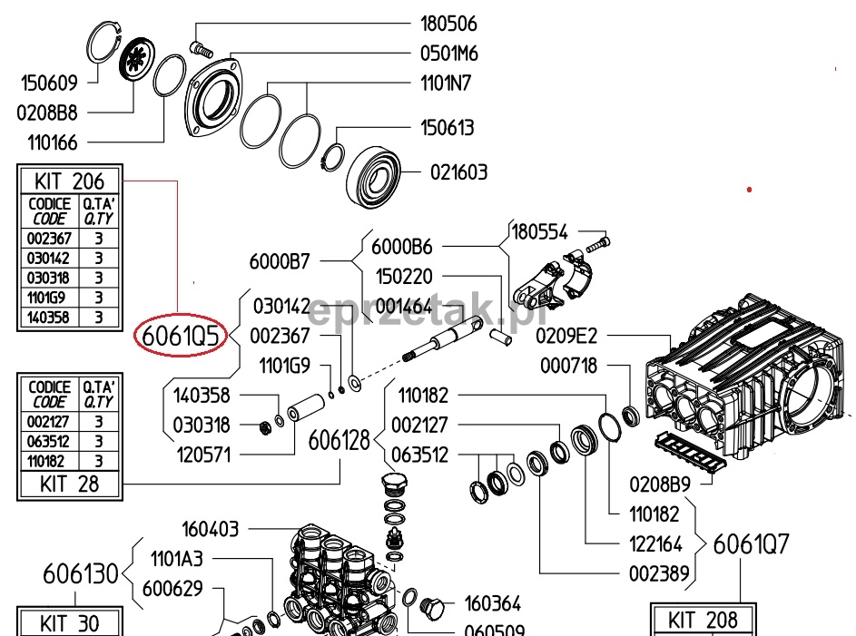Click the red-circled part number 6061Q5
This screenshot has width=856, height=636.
pyautogui.click(x=179, y=338)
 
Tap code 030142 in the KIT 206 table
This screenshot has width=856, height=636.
pyautogui.click(x=49, y=259)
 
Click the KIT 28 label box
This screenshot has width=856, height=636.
pyautogui.click(x=70, y=484)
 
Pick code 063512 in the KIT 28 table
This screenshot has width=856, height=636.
pyautogui.click(x=49, y=441)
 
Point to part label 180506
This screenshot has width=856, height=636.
pyautogui.click(x=448, y=24)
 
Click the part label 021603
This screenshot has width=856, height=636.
pyautogui.click(x=458, y=171)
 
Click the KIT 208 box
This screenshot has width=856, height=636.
pyautogui.click(x=702, y=621)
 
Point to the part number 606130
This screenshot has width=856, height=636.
pyautogui.click(x=82, y=574)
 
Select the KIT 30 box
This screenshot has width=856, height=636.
pyautogui.click(x=70, y=623)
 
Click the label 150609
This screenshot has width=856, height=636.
pyautogui.click(x=50, y=83)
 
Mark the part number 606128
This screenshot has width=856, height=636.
pyautogui.click(x=339, y=441)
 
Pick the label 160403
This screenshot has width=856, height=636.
pyautogui.click(x=212, y=528)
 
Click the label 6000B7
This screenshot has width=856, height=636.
pyautogui.click(x=280, y=262)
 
